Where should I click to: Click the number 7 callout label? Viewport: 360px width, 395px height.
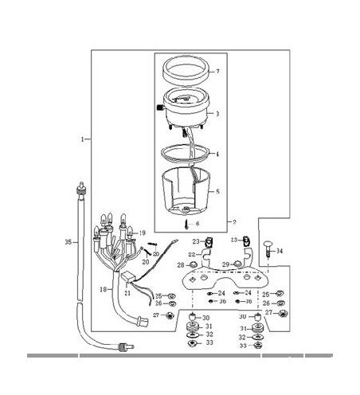click(x=217, y=72)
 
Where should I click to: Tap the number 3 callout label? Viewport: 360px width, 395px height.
click(x=217, y=114)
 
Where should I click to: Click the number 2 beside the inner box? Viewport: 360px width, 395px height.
click(x=233, y=221)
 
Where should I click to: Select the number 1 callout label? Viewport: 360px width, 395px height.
click(x=83, y=139)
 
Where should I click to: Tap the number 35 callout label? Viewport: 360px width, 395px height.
click(x=67, y=241)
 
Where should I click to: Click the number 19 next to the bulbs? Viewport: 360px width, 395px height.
click(x=143, y=233)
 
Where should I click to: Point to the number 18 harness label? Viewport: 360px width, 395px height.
click(x=101, y=290)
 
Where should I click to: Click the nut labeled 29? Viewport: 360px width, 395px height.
click(x=237, y=264)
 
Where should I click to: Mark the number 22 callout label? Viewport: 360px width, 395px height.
click(x=192, y=255)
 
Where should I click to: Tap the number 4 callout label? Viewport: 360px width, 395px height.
click(x=217, y=154)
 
